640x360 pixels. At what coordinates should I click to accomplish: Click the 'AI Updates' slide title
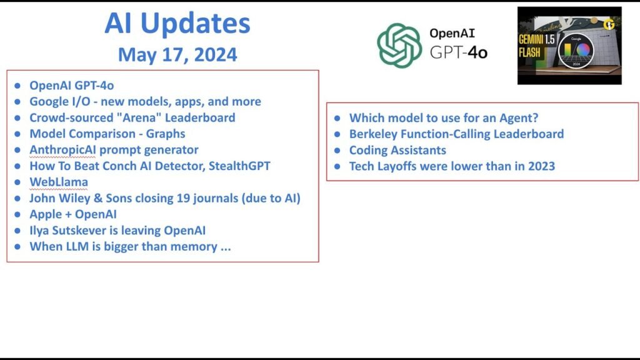tap(177, 23)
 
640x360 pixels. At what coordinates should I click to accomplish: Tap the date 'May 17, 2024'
tap(177, 55)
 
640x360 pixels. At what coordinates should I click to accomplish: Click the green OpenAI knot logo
tap(399, 45)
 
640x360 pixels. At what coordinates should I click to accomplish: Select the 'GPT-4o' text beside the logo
tap(459, 52)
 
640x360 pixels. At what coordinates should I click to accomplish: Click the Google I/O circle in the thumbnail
tap(576, 51)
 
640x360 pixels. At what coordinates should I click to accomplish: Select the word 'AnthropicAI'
tap(62, 150)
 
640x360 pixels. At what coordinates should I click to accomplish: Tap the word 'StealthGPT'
tap(239, 166)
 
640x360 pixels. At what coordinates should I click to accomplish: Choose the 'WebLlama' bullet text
tap(59, 182)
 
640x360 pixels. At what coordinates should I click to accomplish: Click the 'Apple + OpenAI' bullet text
tap(73, 214)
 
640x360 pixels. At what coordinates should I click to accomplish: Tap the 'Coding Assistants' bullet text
tap(397, 150)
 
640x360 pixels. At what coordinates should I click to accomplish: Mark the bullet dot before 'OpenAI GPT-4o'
tap(17, 85)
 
